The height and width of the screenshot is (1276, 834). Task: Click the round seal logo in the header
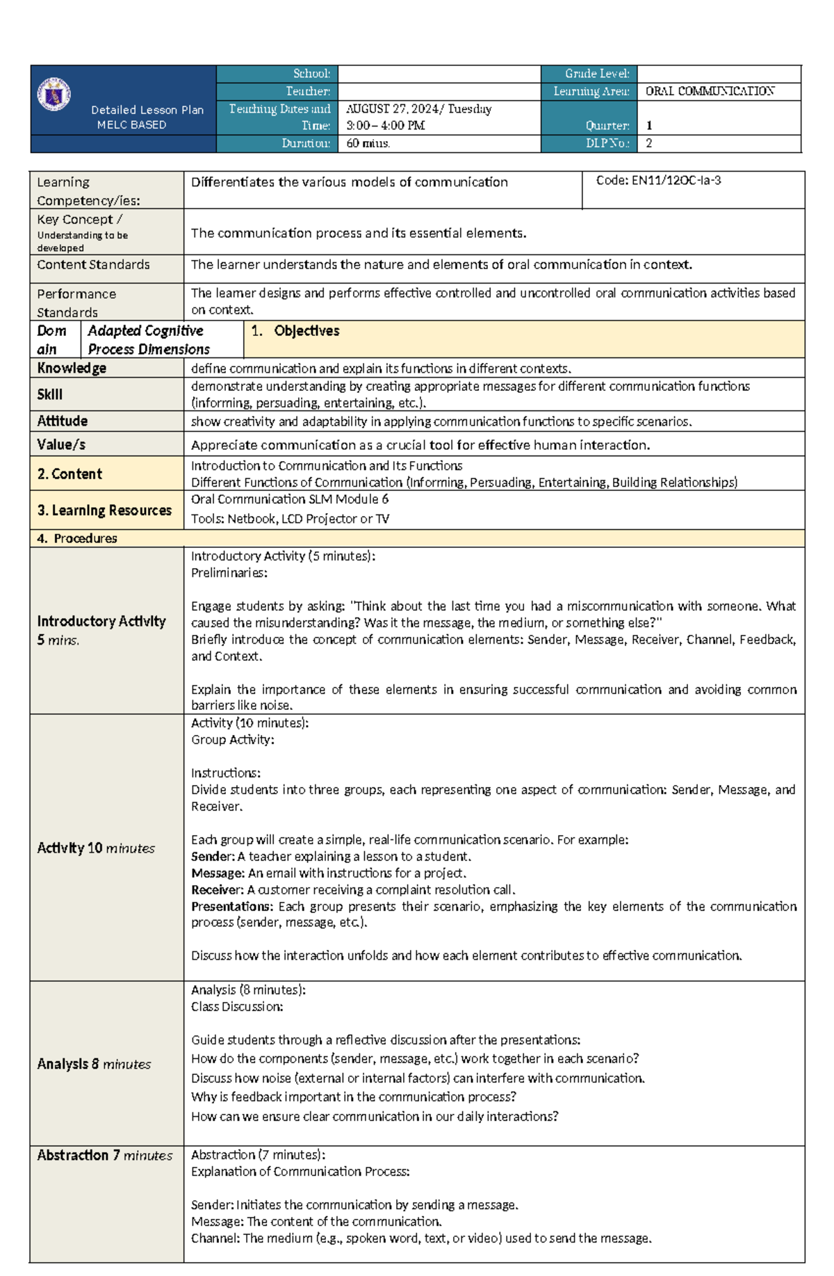coord(54,95)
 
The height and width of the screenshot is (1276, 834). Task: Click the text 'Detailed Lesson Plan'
coord(147,110)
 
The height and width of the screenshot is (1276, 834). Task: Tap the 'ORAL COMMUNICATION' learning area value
coord(709,91)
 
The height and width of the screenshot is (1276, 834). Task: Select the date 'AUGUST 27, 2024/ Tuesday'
coord(418,108)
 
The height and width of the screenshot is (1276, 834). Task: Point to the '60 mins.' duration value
coord(368,143)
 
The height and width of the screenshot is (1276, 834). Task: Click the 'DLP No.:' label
coord(607,143)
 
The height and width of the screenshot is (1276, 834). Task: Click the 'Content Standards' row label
coord(93,265)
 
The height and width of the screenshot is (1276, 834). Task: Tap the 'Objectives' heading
coord(306,331)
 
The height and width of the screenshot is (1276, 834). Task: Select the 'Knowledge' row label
coord(72,368)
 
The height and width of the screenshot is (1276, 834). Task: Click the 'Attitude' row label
coord(62,421)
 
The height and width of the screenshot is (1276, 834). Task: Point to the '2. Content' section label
coord(69,474)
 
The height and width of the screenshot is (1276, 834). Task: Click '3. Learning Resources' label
coord(104,510)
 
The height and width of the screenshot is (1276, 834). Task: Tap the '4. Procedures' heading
coord(77,538)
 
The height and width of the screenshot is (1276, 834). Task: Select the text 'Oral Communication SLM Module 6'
coord(289,499)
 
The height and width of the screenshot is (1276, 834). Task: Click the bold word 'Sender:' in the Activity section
coord(213,857)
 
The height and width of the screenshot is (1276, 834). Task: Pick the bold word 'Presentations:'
coord(232,907)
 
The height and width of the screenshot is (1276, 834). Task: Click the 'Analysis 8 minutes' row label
coord(94,1064)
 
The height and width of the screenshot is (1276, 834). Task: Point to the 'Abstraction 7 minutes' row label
coord(104,1155)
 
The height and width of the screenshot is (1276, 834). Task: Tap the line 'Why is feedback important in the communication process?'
coord(353,1097)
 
